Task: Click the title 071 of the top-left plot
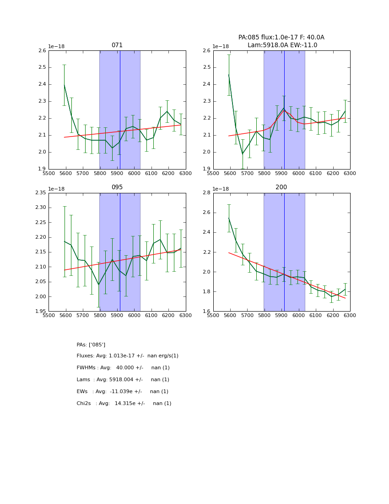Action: click(117, 45)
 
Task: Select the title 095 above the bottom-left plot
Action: click(117, 187)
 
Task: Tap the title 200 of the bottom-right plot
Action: click(281, 187)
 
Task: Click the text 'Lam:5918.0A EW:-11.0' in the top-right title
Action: click(282, 45)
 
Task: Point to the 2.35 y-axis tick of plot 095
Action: click(41, 193)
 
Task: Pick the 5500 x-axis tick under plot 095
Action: click(49, 315)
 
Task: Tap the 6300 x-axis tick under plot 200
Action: click(350, 315)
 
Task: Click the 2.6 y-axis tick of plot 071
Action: click(42, 51)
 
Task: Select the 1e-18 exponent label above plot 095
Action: click(56, 189)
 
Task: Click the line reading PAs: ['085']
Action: click(91, 345)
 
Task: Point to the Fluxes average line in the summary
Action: click(127, 356)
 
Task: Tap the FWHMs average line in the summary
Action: click(123, 368)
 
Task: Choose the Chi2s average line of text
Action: click(124, 404)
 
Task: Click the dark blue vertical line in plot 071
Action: click(120, 110)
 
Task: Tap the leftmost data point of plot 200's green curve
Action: click(229, 218)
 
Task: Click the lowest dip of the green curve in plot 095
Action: click(98, 285)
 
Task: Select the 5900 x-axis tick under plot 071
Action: click(117, 173)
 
